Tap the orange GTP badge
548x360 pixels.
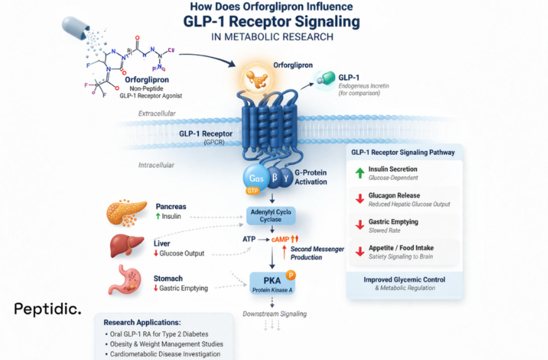(252, 190)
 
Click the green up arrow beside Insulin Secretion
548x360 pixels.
(359, 173)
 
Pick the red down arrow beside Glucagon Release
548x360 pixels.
(359, 199)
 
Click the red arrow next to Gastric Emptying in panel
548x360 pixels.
(359, 225)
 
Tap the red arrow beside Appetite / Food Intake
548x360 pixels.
(359, 252)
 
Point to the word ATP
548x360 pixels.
(248, 239)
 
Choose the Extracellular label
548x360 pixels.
(157, 114)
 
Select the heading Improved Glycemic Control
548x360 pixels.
(404, 279)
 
